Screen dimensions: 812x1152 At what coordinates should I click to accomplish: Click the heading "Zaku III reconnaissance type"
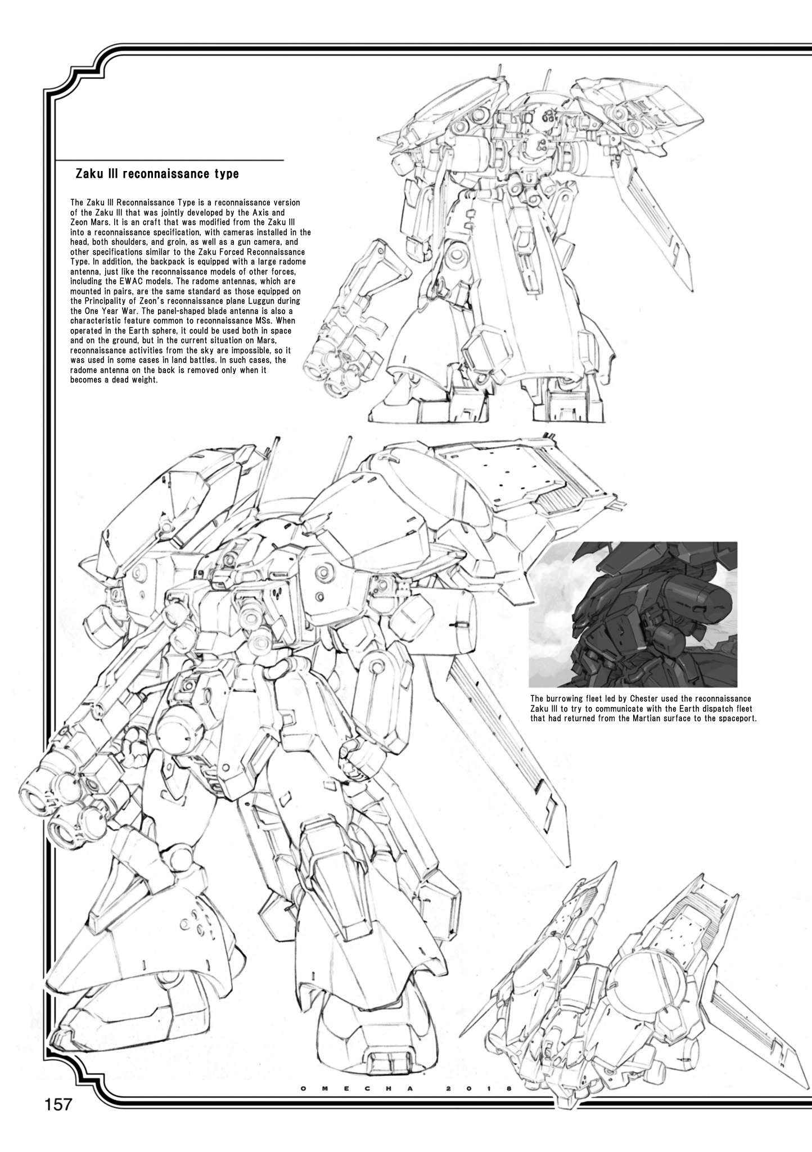pos(157,174)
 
